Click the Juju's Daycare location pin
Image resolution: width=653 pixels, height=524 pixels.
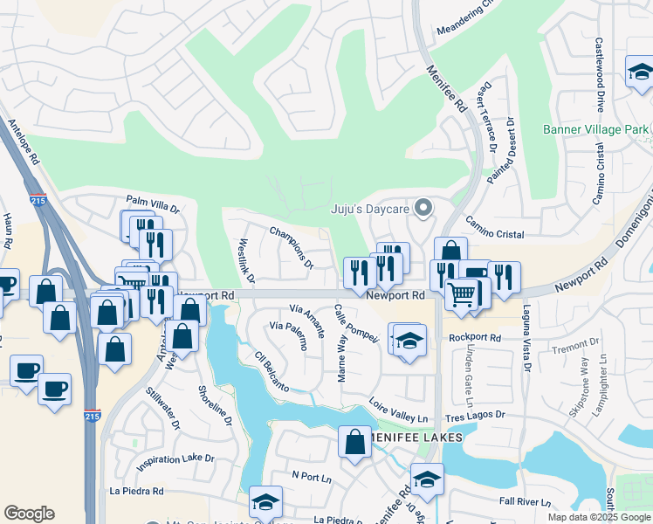424,208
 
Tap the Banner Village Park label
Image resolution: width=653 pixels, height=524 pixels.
596,130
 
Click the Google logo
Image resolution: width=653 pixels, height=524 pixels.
29,514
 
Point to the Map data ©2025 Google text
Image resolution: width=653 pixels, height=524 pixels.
598,517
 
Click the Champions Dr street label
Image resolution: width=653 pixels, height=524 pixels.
292,248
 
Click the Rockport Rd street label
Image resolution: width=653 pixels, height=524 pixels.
475,338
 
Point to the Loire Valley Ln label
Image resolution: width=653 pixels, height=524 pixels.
398,406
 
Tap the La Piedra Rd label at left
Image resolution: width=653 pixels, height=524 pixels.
136,491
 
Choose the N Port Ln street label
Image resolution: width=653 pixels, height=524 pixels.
313,477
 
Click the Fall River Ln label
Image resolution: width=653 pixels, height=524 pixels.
524,502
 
